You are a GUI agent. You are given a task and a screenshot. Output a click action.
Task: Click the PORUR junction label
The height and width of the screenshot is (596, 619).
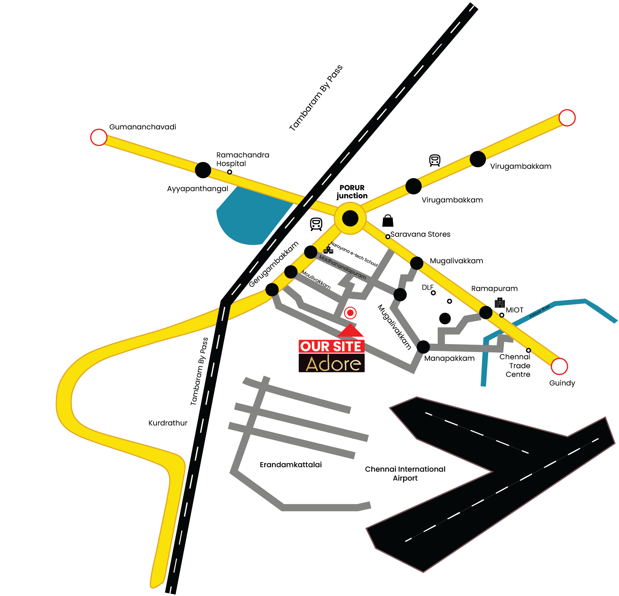click(x=352, y=191)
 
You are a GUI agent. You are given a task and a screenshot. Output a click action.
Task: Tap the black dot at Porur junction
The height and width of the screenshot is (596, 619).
click(x=350, y=218)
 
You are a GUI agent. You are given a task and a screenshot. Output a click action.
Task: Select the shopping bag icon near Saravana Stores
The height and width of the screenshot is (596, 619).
click(x=387, y=221)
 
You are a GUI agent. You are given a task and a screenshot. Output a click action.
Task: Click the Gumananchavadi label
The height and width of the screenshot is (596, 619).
click(x=142, y=127)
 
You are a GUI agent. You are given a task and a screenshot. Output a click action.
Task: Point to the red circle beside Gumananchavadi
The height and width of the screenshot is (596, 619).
click(x=99, y=137)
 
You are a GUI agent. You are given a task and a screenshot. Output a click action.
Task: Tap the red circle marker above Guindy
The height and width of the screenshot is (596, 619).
click(x=559, y=366)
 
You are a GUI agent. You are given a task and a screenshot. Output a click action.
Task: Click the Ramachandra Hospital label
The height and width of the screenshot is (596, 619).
click(x=243, y=159)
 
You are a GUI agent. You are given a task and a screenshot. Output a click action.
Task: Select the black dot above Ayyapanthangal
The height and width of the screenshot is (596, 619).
click(x=203, y=170)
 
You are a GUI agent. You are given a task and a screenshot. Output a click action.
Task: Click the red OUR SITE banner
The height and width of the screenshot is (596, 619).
click(x=331, y=346)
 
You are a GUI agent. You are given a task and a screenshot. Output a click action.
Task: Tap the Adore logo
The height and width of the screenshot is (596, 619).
click(x=331, y=363)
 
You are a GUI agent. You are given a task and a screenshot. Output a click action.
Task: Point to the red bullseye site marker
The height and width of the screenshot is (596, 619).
click(x=350, y=313)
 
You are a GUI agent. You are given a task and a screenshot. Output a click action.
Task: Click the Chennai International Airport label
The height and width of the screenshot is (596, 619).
click(x=405, y=473)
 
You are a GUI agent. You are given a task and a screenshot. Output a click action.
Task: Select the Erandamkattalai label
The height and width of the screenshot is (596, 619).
click(x=291, y=465)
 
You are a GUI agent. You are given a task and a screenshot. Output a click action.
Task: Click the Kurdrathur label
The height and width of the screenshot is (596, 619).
click(x=168, y=423)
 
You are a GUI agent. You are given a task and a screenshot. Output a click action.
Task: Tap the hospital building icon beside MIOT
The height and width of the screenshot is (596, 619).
click(x=499, y=302)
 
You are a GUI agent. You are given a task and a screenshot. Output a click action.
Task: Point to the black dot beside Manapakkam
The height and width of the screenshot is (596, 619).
click(x=423, y=347)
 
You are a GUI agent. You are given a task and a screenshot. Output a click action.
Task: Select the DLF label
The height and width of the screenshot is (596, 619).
click(x=427, y=287)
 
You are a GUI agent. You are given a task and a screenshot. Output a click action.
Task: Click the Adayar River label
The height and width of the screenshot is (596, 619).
click(x=539, y=311)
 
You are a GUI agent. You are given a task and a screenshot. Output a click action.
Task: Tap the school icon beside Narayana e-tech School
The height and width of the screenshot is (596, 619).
click(x=328, y=250)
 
